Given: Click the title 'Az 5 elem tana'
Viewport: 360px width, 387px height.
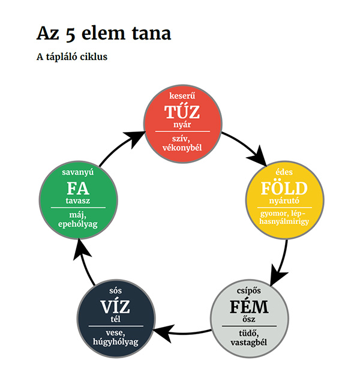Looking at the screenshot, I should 104,33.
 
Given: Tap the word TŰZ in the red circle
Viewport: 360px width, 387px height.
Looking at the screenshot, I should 182,112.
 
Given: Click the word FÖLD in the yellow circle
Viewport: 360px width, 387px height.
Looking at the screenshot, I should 284,187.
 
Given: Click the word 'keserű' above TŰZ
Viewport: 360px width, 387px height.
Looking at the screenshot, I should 182,95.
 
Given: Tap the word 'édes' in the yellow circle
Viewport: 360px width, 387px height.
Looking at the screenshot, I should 284,171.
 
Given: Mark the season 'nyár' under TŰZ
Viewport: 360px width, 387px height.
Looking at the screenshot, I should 182,124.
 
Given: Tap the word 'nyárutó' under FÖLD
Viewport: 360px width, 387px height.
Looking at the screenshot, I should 284,200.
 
